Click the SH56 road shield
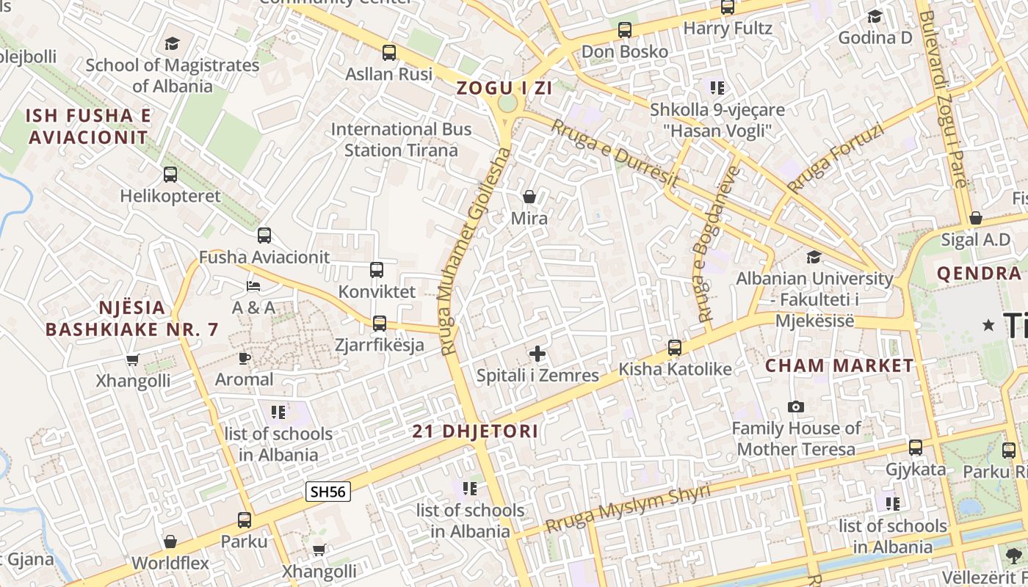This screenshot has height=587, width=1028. [327, 492]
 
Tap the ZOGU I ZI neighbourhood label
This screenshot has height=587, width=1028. [504, 88]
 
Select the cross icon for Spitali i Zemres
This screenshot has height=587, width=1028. [537, 354]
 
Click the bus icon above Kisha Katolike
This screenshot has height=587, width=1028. [674, 348]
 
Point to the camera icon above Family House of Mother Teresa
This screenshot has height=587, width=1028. [795, 406]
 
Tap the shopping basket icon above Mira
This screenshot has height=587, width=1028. [529, 197]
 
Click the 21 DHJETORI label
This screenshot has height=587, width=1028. [475, 431]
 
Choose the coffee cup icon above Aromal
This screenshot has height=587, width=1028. [244, 358]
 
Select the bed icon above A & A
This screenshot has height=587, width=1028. [253, 285]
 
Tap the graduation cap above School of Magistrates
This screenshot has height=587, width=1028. [172, 43]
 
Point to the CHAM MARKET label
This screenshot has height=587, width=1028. [839, 365]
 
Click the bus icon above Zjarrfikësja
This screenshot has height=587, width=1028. [380, 323]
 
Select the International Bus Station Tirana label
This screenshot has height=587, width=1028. [401, 139]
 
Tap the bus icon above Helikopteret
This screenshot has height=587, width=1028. [170, 175]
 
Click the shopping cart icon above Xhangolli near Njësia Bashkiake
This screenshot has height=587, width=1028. [132, 360]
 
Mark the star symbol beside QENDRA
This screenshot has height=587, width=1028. [989, 324]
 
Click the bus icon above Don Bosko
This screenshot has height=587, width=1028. [624, 30]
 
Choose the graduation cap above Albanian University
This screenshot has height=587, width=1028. [814, 257]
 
